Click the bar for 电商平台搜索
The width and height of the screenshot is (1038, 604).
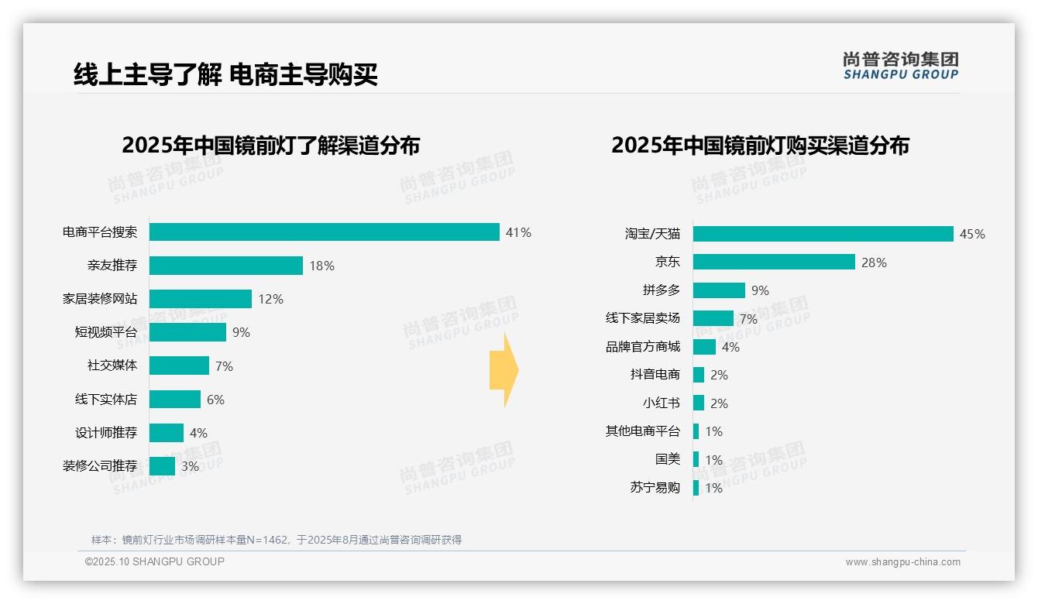pyautogui.click(x=324, y=232)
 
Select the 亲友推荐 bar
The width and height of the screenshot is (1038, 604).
pyautogui.click(x=225, y=266)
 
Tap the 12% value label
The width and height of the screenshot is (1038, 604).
pyautogui.click(x=270, y=299)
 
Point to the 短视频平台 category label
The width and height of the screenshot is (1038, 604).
pyautogui.click(x=105, y=332)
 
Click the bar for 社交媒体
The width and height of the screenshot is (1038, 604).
pyautogui.click(x=179, y=365)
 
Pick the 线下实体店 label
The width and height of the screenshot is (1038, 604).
pyautogui.click(x=105, y=400)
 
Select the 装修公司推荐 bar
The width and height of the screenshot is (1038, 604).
pyautogui.click(x=162, y=466)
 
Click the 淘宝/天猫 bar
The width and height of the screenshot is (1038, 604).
pyautogui.click(x=823, y=234)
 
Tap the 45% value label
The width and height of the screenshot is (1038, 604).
pyautogui.click(x=972, y=234)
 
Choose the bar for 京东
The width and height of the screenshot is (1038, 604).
pyautogui.click(x=774, y=263)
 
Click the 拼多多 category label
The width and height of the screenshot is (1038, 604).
pyautogui.click(x=661, y=290)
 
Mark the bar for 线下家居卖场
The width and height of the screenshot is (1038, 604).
pyautogui.click(x=713, y=318)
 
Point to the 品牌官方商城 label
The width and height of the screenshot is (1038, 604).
pyautogui.click(x=642, y=347)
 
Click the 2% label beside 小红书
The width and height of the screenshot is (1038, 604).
pyautogui.click(x=719, y=403)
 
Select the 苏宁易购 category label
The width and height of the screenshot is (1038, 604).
pyautogui.click(x=655, y=488)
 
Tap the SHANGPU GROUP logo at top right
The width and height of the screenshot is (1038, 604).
pyautogui.click(x=900, y=66)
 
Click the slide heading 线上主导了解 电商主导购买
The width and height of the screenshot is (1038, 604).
pyautogui.click(x=225, y=75)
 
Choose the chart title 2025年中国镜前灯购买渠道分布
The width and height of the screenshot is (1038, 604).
pyautogui.click(x=760, y=146)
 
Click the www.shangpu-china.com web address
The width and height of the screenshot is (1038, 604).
pyautogui.click(x=902, y=562)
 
